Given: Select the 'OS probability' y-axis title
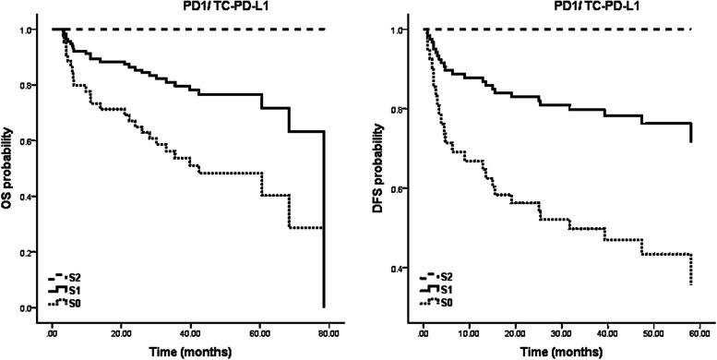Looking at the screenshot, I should [10, 171].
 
